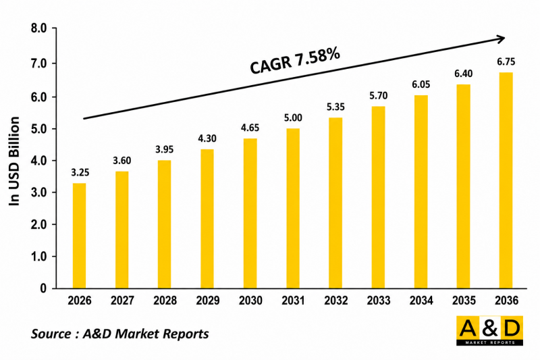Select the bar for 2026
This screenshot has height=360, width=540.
[x=79, y=236]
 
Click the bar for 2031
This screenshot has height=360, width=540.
[x=293, y=209]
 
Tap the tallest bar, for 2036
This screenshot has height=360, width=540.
[x=506, y=180]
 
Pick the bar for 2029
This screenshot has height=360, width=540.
[x=207, y=219]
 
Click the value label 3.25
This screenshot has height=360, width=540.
[x=80, y=173]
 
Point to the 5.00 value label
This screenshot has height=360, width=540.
[x=293, y=118]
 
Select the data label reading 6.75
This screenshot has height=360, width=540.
[x=506, y=61]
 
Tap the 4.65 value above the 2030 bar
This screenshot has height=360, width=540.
[x=250, y=128]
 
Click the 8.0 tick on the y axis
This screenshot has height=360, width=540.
[x=39, y=28]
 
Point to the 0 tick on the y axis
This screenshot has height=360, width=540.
[x=43, y=288]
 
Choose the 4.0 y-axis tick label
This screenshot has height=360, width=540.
[x=39, y=161]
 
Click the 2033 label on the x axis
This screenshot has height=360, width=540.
[x=379, y=301]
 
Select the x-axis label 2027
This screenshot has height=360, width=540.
[x=122, y=301]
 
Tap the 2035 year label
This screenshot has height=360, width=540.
[x=464, y=301]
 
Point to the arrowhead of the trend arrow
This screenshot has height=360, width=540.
[x=504, y=38]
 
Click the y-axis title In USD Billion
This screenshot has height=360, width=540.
[x=14, y=161]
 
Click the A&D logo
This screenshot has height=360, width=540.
[x=489, y=331]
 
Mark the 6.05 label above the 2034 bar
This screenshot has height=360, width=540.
[x=421, y=84]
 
